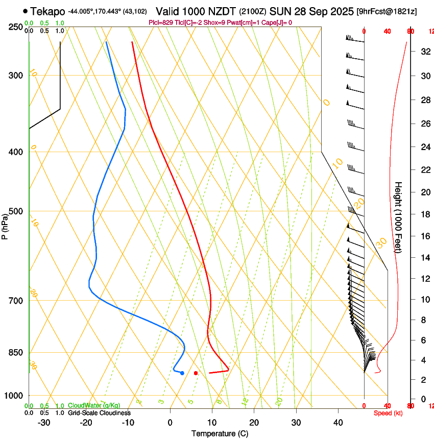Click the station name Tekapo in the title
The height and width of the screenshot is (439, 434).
47,11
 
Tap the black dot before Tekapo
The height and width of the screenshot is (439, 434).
26,11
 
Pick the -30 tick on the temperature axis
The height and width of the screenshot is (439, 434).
44,423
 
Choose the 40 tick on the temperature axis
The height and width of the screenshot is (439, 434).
338,423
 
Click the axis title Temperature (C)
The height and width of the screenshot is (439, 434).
220,433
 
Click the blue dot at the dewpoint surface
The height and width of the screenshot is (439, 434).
182,373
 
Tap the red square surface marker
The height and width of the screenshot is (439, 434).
196,373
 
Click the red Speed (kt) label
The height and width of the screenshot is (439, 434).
388,413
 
